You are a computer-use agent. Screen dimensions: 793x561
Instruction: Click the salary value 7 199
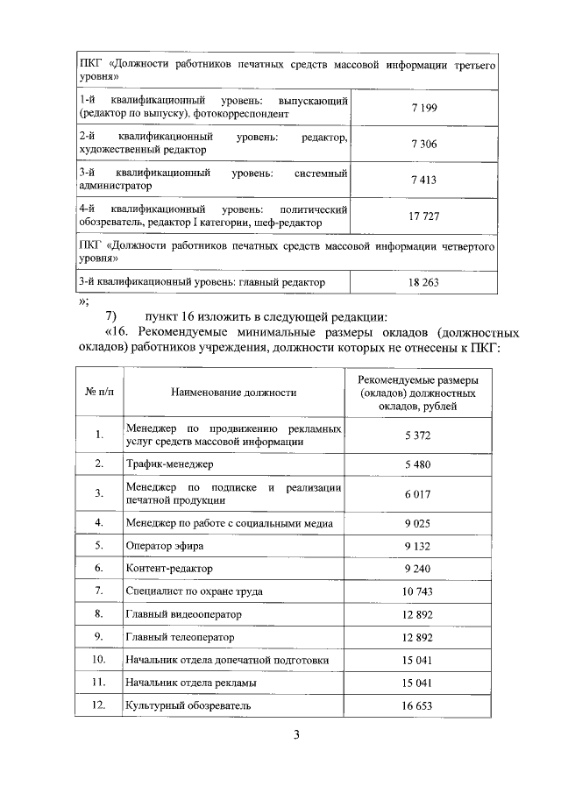(423, 108)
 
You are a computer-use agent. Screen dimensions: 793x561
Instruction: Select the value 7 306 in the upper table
(423, 144)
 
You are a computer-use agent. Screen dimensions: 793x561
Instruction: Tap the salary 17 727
(423, 216)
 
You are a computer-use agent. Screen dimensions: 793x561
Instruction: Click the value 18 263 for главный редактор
(423, 282)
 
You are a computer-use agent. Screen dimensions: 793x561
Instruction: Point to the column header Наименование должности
(234, 393)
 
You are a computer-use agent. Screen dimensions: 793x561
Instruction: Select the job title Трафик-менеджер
(169, 463)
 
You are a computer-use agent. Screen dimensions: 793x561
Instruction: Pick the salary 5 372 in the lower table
(417, 435)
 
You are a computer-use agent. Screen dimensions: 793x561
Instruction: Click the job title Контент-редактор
(169, 569)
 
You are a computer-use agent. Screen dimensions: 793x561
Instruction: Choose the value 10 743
(417, 591)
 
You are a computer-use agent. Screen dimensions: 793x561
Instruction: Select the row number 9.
(99, 636)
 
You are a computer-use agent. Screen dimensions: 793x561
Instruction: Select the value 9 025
(417, 523)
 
